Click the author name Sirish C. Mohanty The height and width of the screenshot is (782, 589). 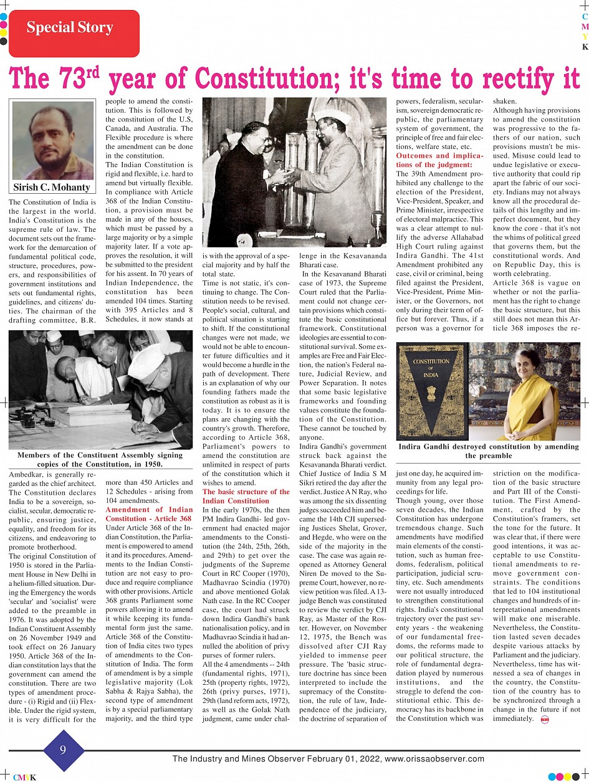(x=52, y=187)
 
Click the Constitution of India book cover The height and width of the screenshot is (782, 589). (x=431, y=390)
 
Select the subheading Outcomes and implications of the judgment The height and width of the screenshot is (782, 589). (x=439, y=160)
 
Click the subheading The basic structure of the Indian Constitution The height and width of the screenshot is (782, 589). (x=246, y=496)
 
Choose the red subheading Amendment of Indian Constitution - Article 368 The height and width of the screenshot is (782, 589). (x=149, y=514)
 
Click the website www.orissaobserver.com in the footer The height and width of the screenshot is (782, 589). (x=434, y=759)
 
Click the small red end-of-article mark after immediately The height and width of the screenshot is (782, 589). (x=545, y=720)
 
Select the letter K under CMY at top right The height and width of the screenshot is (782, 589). (x=585, y=47)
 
